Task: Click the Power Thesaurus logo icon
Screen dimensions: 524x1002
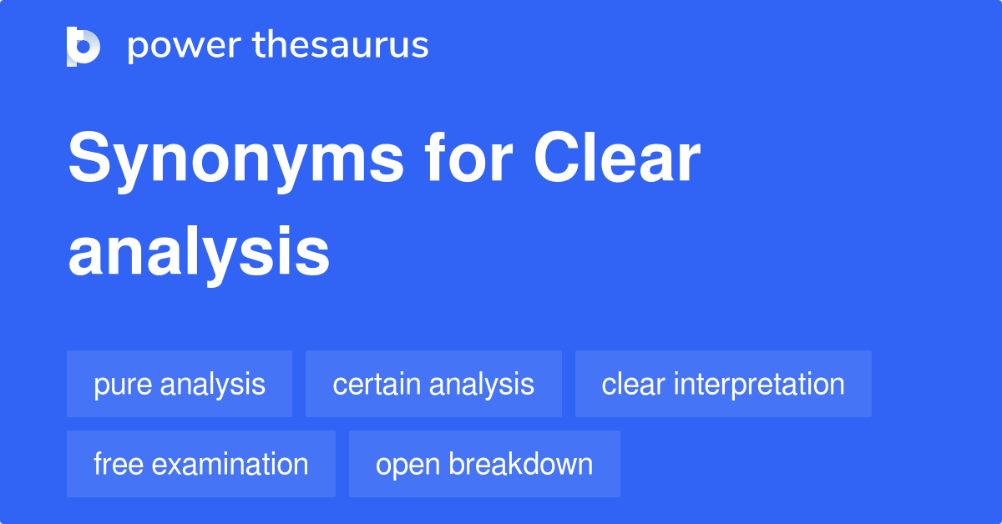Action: pyautogui.click(x=83, y=46)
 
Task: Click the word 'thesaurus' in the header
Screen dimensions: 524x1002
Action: pyautogui.click(x=341, y=46)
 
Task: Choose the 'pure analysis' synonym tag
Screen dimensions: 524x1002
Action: pyautogui.click(x=180, y=384)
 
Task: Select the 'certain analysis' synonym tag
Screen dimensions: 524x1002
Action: pyautogui.click(x=433, y=384)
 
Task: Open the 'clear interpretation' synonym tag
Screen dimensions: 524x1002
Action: pyautogui.click(x=723, y=384)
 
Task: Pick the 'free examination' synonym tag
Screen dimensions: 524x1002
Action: pyautogui.click(x=201, y=464)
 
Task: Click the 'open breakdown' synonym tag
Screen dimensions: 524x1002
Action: pyautogui.click(x=484, y=464)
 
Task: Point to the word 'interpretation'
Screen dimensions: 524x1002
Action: pyautogui.click(x=759, y=385)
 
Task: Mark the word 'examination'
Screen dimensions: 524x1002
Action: pyautogui.click(x=230, y=464)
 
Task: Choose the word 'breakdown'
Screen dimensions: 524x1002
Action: pyautogui.click(x=521, y=464)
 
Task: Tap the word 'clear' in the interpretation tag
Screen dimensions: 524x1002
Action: pyautogui.click(x=634, y=384)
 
